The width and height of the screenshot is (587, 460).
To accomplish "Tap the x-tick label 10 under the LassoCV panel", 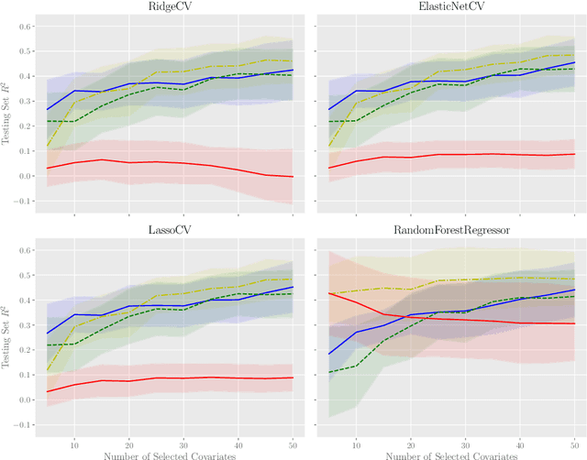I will (73, 441).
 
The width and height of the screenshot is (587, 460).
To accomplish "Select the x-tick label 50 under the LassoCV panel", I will (293, 441).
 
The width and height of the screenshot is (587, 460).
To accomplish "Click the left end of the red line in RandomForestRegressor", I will (328, 293).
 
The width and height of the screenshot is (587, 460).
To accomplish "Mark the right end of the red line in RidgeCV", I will (293, 177).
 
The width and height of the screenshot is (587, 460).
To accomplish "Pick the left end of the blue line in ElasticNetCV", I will (328, 110).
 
